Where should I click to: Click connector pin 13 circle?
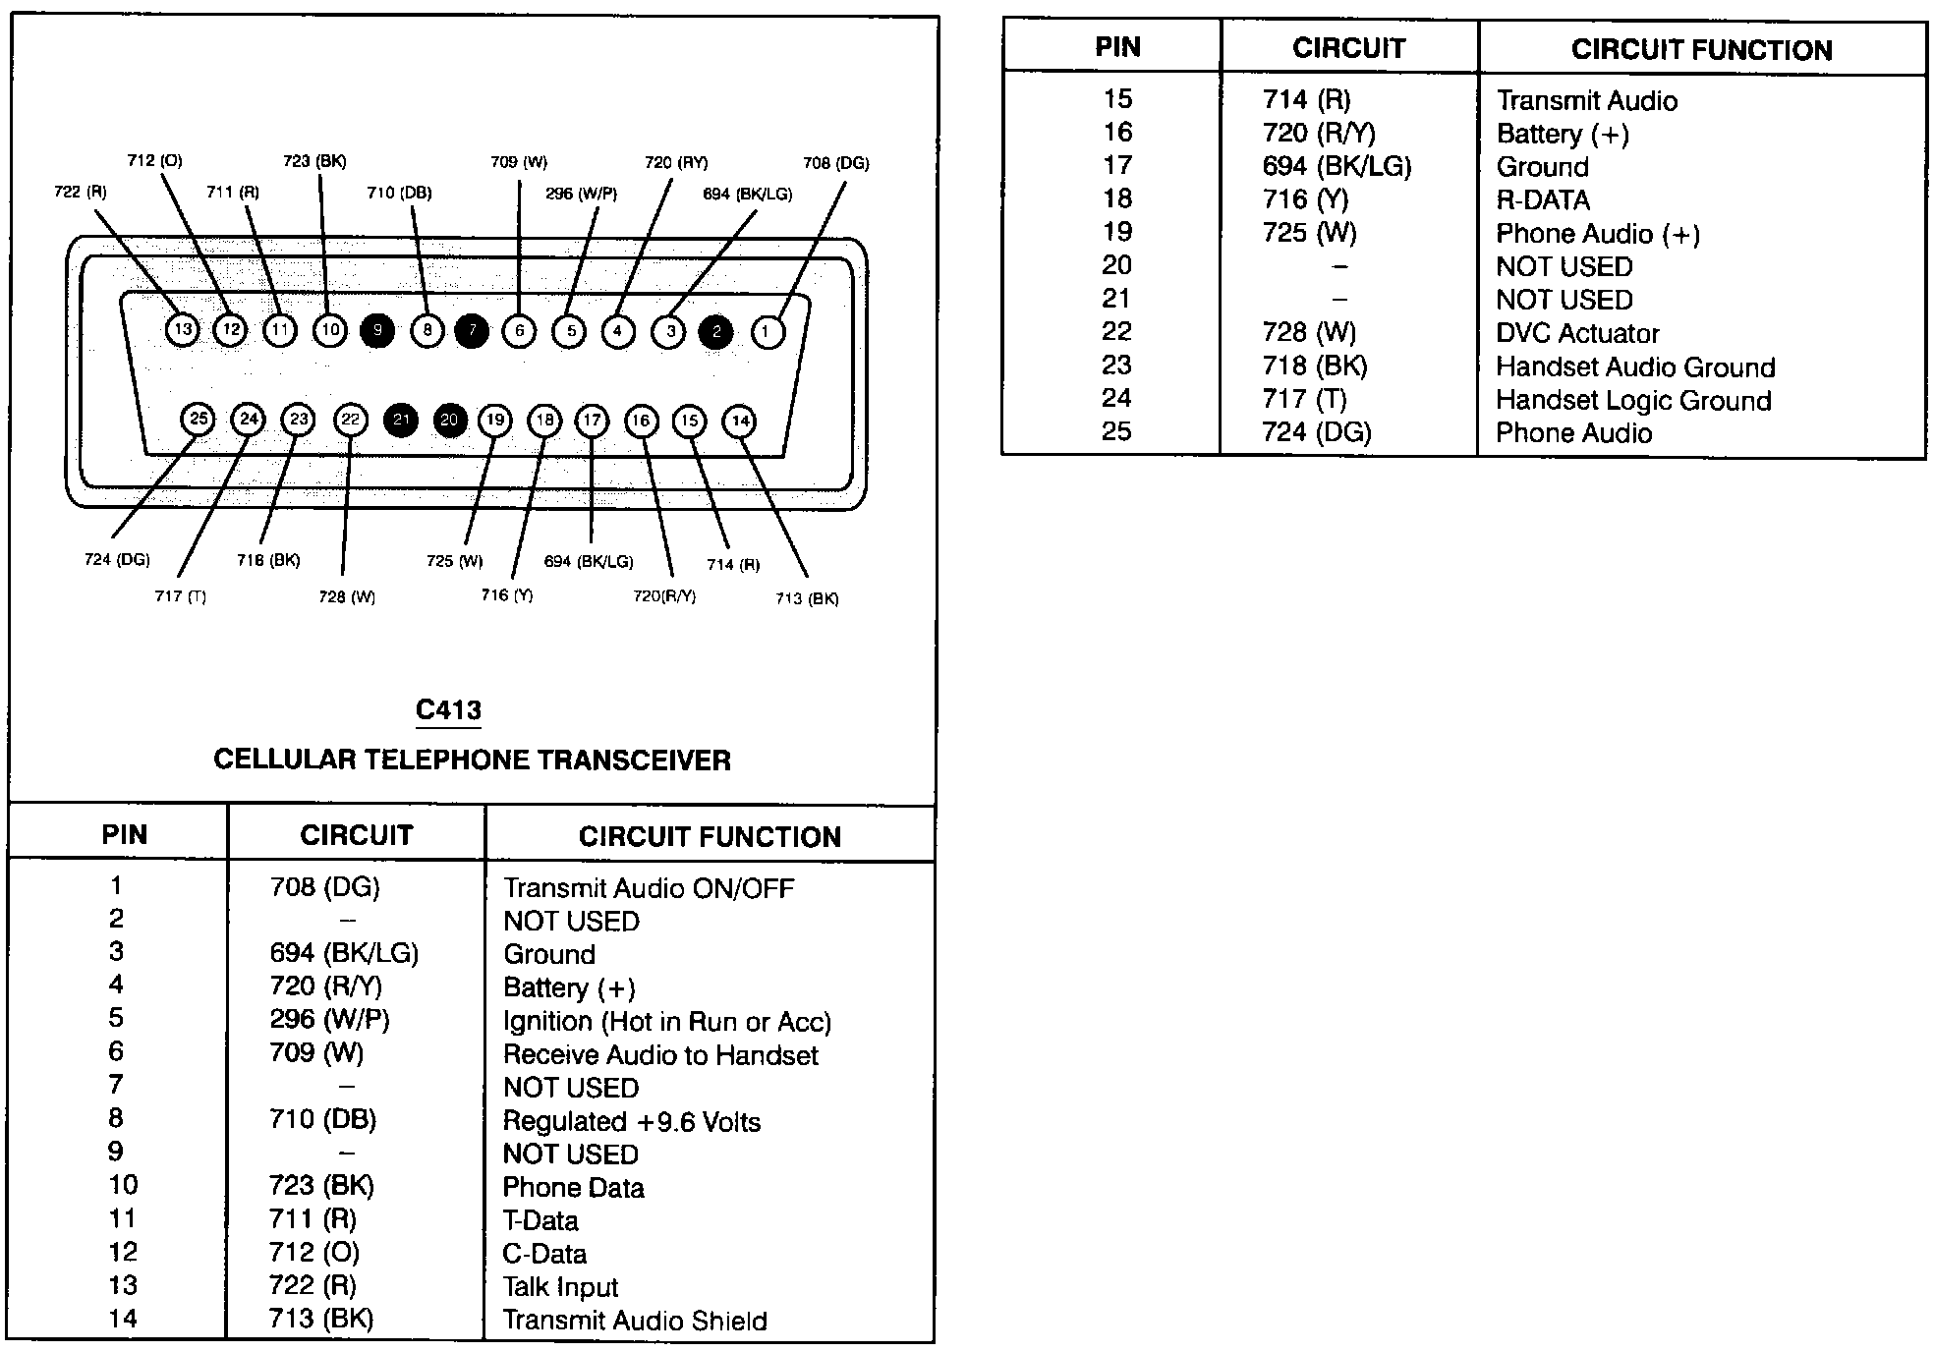183,329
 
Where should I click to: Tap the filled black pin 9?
377,330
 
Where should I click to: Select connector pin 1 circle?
767,332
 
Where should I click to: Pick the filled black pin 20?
450,421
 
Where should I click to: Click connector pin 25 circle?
199,420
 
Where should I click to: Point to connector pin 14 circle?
739,422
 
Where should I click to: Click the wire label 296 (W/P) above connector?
581,194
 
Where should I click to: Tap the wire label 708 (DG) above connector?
835,163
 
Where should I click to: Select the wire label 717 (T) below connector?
180,596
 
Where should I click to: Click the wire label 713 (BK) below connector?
807,598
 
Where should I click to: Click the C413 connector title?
448,709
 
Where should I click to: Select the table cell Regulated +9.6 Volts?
631,1121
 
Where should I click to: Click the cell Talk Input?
560,1287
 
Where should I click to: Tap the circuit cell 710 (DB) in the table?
322,1119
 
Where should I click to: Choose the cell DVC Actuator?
1576,333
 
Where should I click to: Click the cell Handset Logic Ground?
1633,400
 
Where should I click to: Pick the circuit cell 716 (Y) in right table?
1305,199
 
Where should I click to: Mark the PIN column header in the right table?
1117,47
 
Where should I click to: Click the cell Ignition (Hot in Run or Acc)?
666,1022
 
